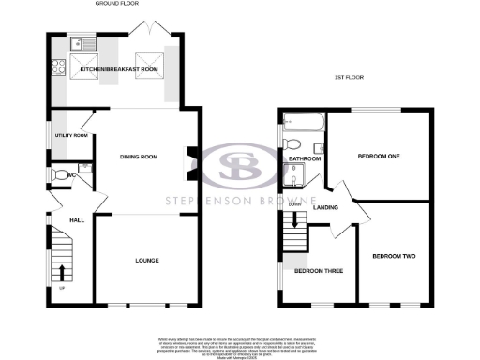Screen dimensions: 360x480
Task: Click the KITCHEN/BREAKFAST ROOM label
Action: point(117,69)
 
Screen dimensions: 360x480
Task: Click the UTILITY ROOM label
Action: point(72,136)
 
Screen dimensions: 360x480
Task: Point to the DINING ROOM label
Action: point(137,157)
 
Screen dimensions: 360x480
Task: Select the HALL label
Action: point(78,219)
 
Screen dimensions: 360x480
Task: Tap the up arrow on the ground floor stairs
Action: point(63,273)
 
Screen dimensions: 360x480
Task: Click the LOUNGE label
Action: point(145,260)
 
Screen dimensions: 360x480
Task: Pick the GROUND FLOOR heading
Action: point(117,5)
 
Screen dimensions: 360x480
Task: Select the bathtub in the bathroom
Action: point(302,123)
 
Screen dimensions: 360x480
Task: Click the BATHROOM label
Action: point(305,160)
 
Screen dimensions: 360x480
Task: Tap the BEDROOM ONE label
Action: point(379,157)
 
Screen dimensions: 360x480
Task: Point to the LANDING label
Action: point(326,207)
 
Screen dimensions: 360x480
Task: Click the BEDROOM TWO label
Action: point(393,256)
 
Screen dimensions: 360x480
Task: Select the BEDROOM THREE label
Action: point(318,272)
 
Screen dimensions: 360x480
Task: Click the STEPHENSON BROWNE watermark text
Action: point(239,201)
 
